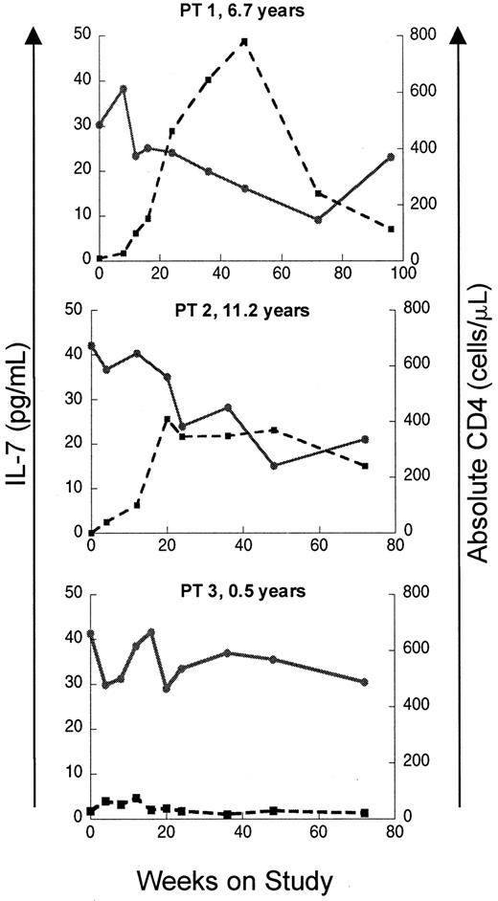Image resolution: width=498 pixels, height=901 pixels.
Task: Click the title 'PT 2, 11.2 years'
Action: click(x=247, y=310)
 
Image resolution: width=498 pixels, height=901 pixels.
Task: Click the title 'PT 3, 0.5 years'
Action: click(x=247, y=590)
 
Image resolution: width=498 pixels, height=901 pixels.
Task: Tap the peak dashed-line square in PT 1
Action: click(x=244, y=42)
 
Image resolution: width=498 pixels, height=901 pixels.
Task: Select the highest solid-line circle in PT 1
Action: click(x=124, y=88)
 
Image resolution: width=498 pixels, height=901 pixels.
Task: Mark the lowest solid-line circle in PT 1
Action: click(x=318, y=220)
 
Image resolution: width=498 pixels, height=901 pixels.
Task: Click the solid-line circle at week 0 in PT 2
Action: click(x=91, y=345)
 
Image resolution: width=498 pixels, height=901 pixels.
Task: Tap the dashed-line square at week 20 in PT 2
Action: click(x=168, y=420)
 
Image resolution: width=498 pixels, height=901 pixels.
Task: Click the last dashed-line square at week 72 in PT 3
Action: click(x=365, y=813)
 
